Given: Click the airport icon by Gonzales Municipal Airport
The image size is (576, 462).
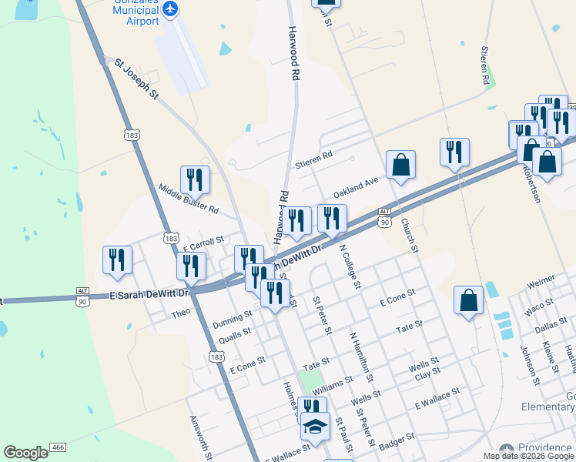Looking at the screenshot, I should pos(169,9).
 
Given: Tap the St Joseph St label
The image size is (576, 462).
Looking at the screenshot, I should pos(136,79).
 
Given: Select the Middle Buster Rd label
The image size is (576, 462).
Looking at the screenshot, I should pos(189,199).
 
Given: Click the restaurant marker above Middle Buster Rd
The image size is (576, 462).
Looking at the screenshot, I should pos(196,179).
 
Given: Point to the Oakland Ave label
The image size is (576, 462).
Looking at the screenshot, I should pos(356,186).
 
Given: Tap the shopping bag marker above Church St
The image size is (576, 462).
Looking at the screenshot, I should pos(401,164).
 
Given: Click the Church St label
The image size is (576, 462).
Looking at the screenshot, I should pos(409,236).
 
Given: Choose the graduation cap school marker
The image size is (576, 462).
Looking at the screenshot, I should pos(314,427).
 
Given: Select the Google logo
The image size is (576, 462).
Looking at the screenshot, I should pos(25,453).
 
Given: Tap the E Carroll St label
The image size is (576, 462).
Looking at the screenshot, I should pos(203,244).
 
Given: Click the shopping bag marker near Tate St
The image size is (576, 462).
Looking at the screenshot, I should pos(469,300).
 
